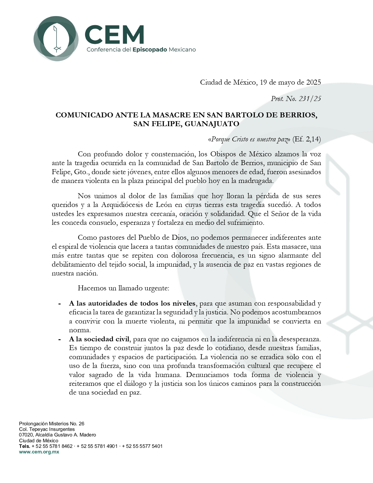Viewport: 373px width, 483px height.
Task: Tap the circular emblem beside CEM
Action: pos(56,39)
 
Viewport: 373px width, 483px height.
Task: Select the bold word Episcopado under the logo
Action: pos(150,50)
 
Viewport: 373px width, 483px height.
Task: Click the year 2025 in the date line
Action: pos(313,83)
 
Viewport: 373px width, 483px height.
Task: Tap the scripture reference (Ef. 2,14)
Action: pos(307,139)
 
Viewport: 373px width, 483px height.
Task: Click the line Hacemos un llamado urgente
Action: pos(123,288)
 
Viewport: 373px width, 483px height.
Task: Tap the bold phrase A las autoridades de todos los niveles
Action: pos(132,303)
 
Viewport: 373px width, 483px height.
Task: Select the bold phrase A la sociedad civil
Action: pos(99,339)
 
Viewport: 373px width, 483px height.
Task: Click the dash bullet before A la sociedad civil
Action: pos(59,339)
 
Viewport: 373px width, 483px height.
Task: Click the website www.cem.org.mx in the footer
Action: pos(39,452)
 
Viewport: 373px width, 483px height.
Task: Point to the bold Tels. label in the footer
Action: pos(25,446)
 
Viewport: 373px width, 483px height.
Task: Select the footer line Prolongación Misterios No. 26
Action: pos(52,424)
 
